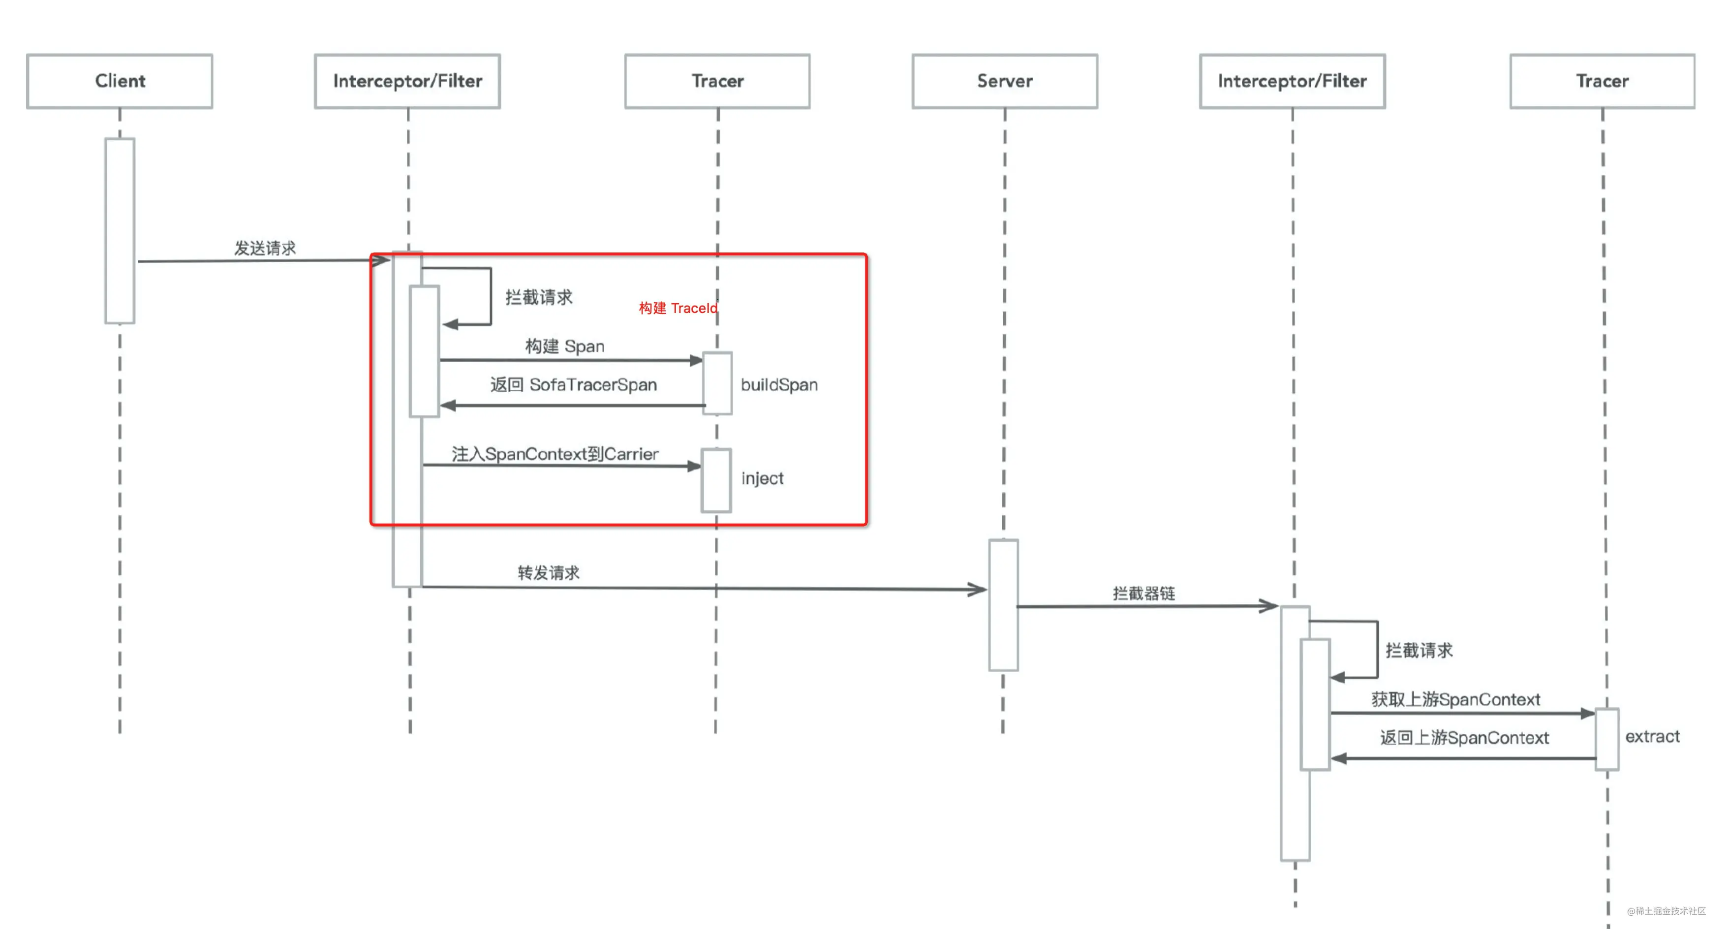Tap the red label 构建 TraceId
coord(678,308)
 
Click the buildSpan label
coord(779,384)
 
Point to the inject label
coord(762,478)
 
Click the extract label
coord(1652,736)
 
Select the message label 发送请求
coord(265,248)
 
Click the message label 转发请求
coord(549,572)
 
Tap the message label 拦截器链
coord(1144,593)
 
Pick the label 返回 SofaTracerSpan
coord(574,384)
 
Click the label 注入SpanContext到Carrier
coord(555,454)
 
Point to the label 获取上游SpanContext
coord(1455,699)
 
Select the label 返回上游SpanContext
coord(1464,737)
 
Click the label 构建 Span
coord(565,346)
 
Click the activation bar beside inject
coord(716,480)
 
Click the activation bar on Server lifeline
coord(1004,605)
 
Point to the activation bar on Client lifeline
coord(120,231)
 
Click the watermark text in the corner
coord(1666,910)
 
